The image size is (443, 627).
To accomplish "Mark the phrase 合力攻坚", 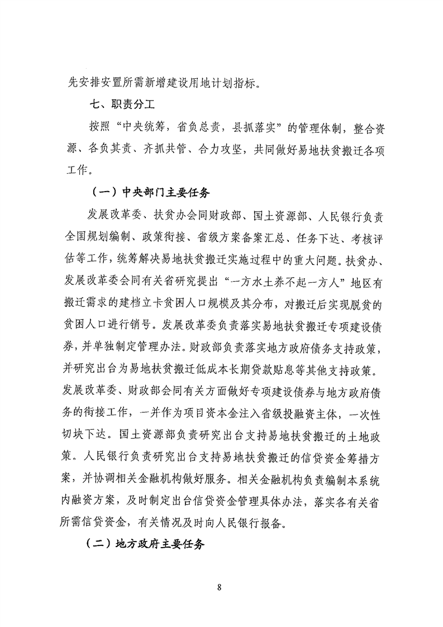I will pyautogui.click(x=217, y=148).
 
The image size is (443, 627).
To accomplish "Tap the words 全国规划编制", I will pyautogui.click(x=93, y=237).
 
